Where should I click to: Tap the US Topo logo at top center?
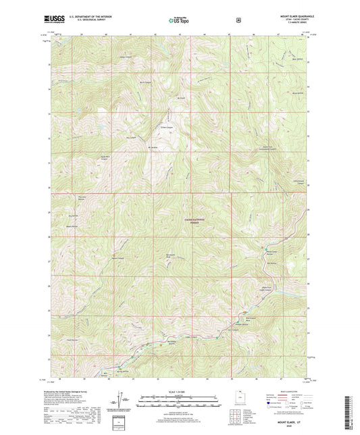pyautogui.click(x=180, y=20)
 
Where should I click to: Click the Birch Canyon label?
pyautogui.click(x=143, y=83)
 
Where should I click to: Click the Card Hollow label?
pyautogui.click(x=72, y=340)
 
